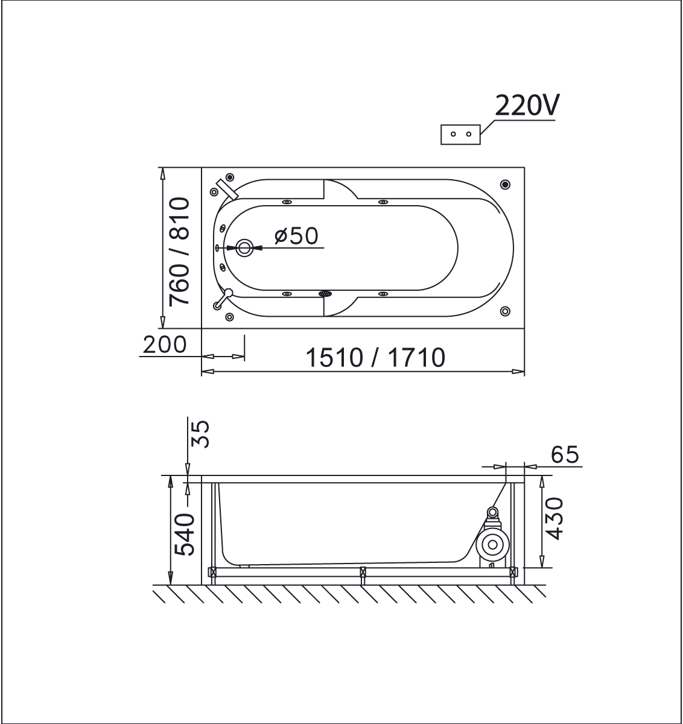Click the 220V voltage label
[x=526, y=106]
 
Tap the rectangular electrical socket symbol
[x=460, y=134]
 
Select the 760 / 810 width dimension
[x=179, y=252]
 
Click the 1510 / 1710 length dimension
[x=375, y=357]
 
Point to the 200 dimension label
[x=165, y=345]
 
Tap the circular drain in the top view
[x=244, y=248]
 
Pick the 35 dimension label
[x=201, y=434]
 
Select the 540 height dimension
[x=184, y=535]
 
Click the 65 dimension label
[x=565, y=454]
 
